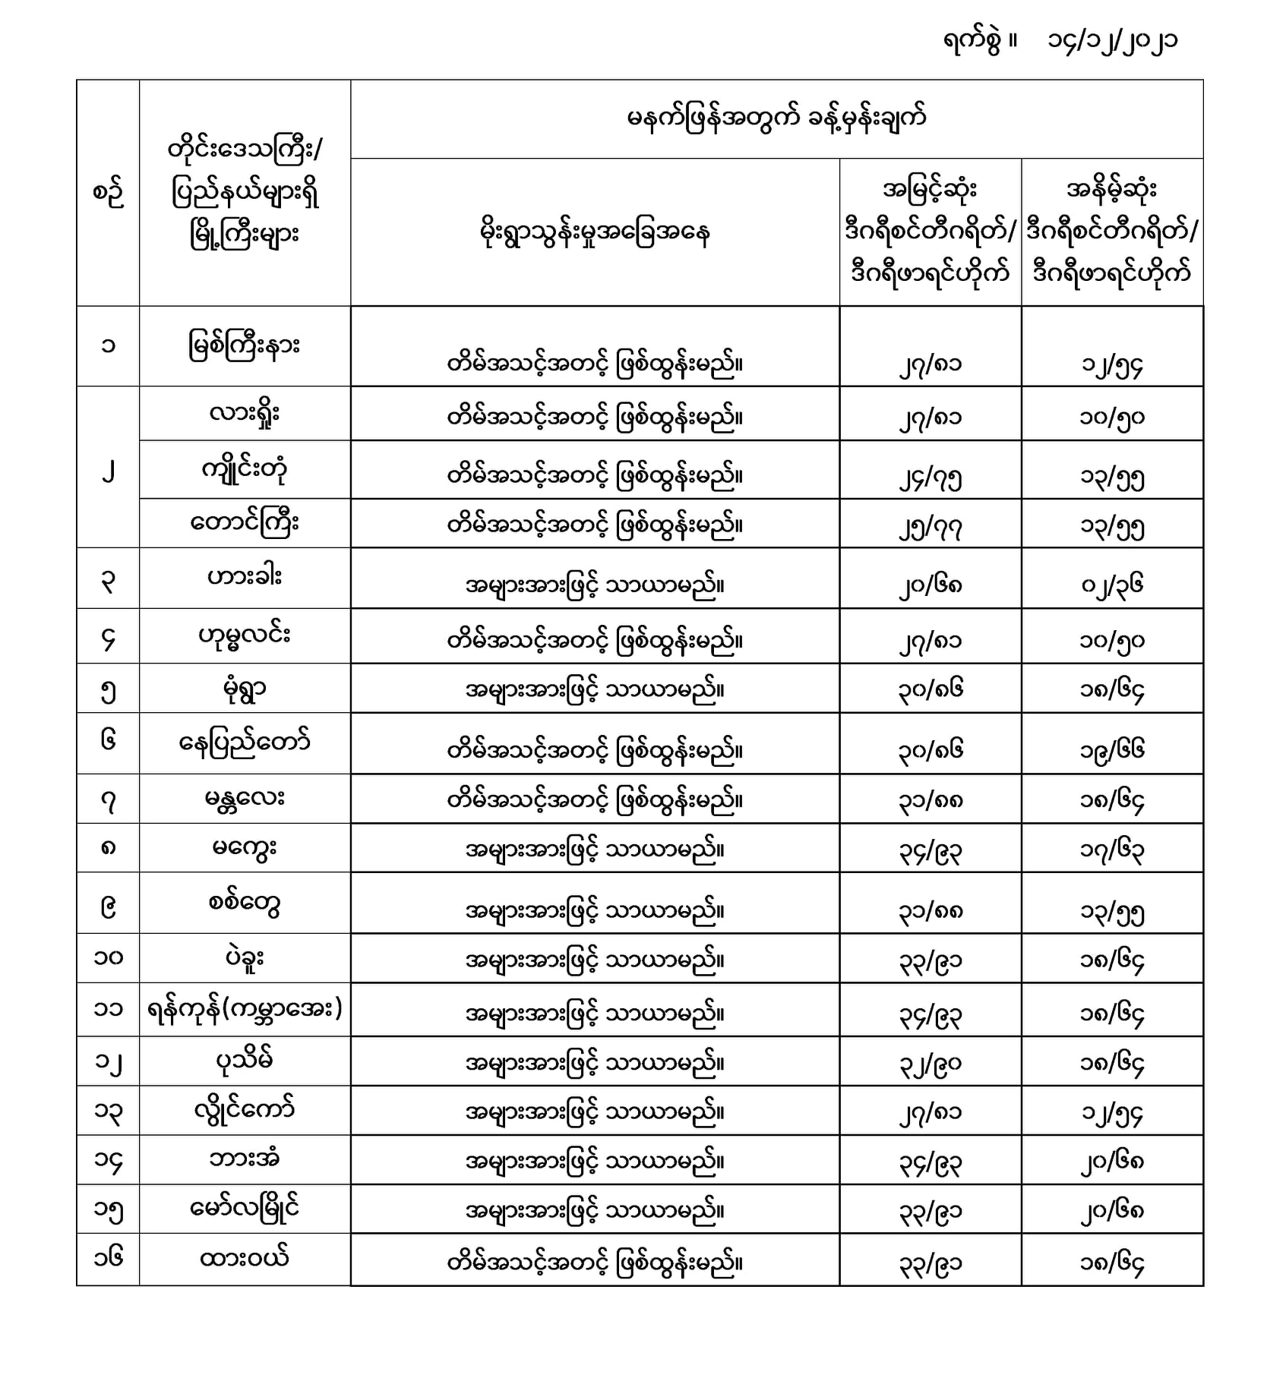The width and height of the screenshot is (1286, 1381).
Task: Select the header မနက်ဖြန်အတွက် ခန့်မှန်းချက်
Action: [x=776, y=118]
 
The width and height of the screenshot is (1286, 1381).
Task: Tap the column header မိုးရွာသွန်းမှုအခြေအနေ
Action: [x=595, y=232]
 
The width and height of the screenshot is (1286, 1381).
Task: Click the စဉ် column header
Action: [x=108, y=193]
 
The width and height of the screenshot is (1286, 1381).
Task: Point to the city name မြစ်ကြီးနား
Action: [x=245, y=346]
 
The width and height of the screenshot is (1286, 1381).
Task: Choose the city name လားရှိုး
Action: [x=245, y=414]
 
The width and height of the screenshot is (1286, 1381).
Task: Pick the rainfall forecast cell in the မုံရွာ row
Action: [x=595, y=690]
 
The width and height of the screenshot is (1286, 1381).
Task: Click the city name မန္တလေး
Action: [x=245, y=799]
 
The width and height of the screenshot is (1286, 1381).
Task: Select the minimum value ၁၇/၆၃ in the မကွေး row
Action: [x=1112, y=850]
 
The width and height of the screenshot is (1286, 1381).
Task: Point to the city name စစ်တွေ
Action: [x=245, y=903]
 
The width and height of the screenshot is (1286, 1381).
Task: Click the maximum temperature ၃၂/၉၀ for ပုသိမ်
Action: [x=930, y=1064]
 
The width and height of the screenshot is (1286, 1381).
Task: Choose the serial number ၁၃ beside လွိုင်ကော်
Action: [x=108, y=1112]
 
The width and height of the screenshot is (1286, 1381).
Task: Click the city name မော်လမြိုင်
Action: [x=245, y=1207]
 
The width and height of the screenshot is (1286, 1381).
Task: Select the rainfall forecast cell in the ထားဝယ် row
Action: [x=595, y=1262]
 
